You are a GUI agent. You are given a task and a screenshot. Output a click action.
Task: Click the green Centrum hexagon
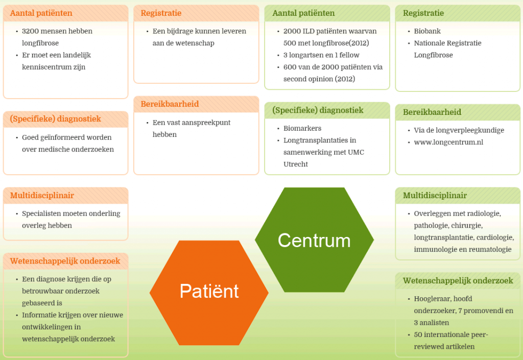coord(314,240)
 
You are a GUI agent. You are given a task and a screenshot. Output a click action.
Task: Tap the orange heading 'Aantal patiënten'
coord(41,13)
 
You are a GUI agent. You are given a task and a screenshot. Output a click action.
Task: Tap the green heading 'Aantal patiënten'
coord(303,13)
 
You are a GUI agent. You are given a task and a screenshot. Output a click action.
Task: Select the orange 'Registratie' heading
coord(161,13)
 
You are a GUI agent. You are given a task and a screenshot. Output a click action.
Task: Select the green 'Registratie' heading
coord(423,13)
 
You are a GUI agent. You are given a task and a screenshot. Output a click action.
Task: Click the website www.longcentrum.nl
coord(448,142)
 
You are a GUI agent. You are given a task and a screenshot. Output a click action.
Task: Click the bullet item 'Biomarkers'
coord(302,128)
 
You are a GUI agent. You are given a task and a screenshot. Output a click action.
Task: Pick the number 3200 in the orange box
coord(31,31)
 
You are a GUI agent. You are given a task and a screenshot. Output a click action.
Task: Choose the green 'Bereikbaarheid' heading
coord(432,112)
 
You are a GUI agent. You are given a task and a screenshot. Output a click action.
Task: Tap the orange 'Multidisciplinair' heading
coord(42,196)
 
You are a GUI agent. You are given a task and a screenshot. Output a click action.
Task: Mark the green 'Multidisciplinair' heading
coord(435,196)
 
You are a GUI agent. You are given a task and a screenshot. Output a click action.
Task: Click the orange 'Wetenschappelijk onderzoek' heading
coord(65,261)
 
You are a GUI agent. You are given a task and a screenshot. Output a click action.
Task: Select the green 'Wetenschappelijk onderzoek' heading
coord(458,281)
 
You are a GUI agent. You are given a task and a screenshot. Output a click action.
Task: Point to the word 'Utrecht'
coord(296,164)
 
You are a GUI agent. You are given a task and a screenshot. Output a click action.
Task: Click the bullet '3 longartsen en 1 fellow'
coord(321,55)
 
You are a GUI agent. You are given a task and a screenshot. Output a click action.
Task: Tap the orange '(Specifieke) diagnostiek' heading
coord(55,119)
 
